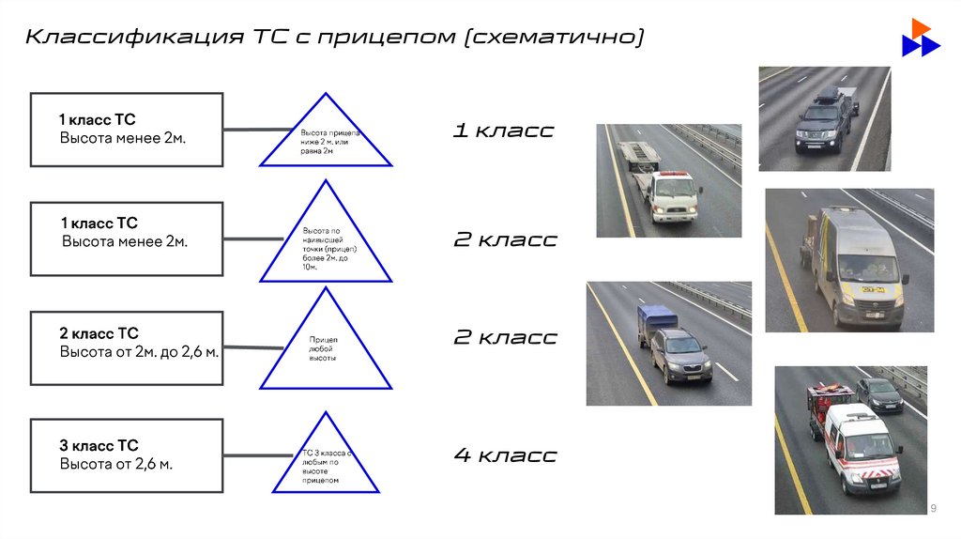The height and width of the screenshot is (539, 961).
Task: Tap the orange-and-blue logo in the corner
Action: (920, 38)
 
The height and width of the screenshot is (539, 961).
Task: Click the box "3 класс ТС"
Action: (127, 455)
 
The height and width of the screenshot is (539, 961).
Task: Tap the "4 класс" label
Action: (505, 455)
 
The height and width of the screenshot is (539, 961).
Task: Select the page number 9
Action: (934, 508)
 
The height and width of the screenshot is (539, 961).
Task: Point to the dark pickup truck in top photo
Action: (823, 122)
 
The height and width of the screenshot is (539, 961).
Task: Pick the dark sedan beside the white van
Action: (879, 394)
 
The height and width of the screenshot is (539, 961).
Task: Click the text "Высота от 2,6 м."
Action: (116, 464)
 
